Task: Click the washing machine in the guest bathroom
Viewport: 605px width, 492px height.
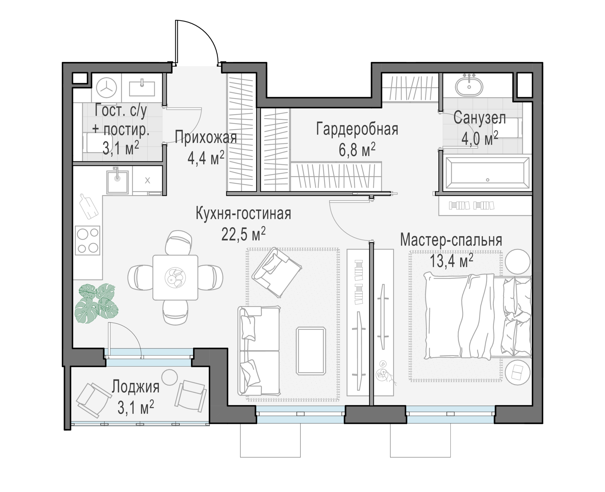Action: [106, 88]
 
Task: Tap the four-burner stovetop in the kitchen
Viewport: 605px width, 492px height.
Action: [88, 240]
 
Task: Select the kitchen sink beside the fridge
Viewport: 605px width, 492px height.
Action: [118, 182]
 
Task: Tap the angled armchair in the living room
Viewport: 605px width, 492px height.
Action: [276, 272]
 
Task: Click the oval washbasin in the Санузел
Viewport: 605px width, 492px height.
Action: [469, 86]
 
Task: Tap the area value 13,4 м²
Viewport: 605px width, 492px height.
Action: [451, 261]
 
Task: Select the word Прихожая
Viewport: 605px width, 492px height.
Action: [206, 138]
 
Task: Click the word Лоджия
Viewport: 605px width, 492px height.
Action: [135, 386]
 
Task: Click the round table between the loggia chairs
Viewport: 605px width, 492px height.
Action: [169, 377]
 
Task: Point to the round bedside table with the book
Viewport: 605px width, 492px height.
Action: [518, 372]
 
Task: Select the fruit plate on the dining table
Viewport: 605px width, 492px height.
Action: [175, 277]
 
